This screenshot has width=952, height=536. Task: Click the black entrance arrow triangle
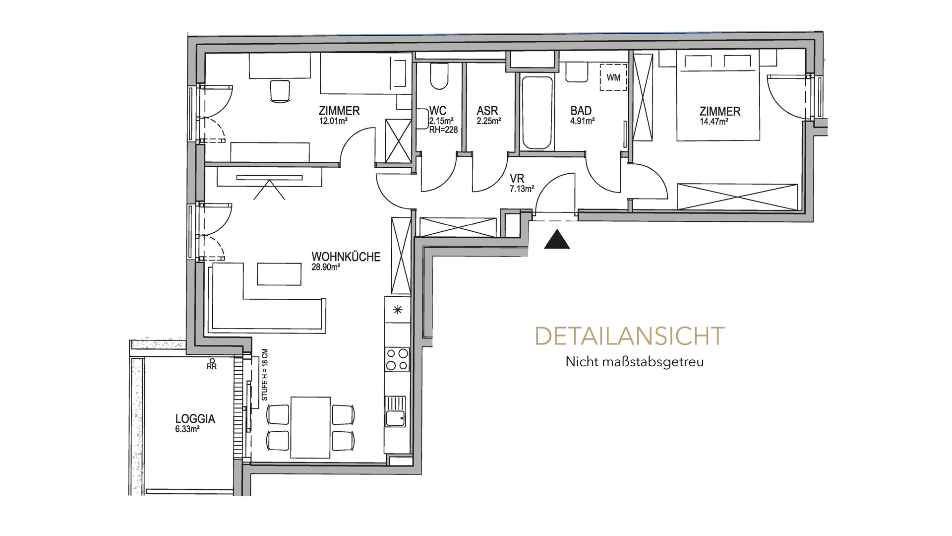(x=557, y=240)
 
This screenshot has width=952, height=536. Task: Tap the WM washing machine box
(x=613, y=77)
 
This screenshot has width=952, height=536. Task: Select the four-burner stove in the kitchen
(x=397, y=359)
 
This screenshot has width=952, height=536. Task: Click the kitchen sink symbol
(x=395, y=411)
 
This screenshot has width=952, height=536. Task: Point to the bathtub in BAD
(x=537, y=113)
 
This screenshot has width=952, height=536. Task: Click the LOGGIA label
(x=195, y=419)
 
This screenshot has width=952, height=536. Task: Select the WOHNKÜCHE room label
(x=346, y=257)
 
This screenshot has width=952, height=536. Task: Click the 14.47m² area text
(x=714, y=122)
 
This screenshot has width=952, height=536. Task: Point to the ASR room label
(x=487, y=111)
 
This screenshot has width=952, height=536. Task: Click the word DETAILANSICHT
(x=630, y=336)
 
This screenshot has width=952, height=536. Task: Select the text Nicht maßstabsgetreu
(x=635, y=362)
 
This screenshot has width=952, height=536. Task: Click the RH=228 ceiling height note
(x=443, y=130)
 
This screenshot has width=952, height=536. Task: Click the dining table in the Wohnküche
(x=310, y=427)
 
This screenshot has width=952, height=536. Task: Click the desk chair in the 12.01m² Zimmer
(x=280, y=90)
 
